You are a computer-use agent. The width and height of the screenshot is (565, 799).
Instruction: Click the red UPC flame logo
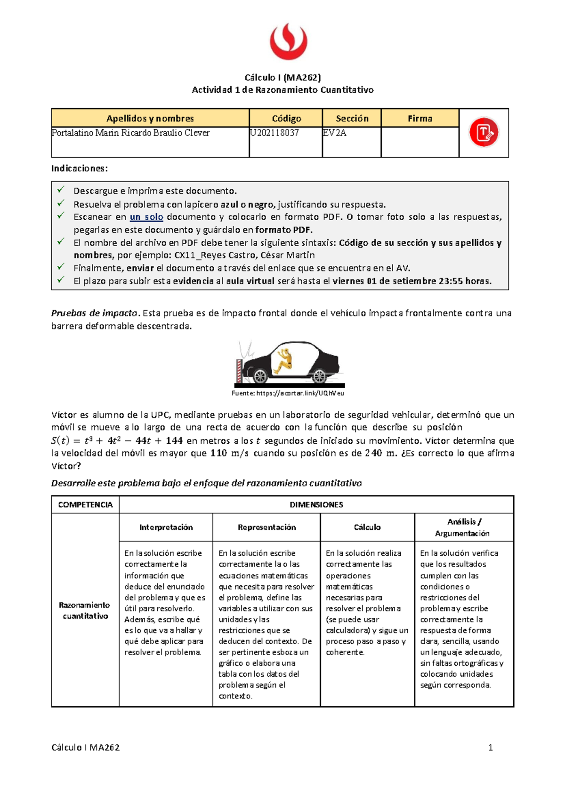point(288,42)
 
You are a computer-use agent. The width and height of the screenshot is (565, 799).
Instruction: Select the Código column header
point(286,119)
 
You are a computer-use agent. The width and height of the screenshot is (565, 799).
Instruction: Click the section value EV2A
point(334,133)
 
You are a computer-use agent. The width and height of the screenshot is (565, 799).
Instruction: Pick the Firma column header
point(420,119)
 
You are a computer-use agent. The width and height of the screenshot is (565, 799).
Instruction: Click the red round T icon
point(484,133)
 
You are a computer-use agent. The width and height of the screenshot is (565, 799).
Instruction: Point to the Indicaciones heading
point(80,168)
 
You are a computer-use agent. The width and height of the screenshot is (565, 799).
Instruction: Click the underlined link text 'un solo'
point(146,217)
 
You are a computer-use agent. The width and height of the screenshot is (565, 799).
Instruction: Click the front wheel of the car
point(259,376)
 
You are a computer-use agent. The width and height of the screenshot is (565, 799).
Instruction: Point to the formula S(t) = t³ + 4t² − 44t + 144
point(117,441)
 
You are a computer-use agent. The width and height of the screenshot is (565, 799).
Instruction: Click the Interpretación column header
point(166,527)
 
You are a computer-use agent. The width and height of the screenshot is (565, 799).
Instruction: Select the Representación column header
point(266,527)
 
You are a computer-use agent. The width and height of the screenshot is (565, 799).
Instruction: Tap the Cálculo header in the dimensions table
point(367,527)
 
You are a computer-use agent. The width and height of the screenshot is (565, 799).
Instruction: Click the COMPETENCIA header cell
point(85,505)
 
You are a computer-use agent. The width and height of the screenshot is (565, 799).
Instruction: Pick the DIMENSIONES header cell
point(316,505)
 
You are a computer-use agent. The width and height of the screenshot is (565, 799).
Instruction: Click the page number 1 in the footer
point(491,748)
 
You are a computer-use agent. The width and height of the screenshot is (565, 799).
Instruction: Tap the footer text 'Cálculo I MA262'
point(85,748)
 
